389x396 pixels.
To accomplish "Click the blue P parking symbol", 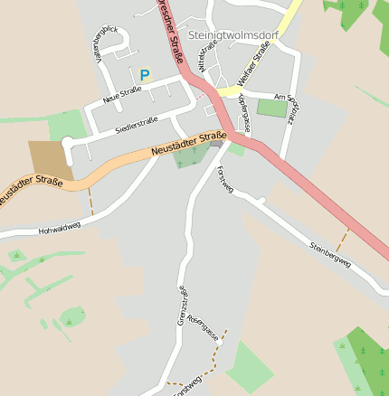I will coord(144,75).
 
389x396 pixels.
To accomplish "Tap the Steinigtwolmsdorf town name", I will coord(234,34).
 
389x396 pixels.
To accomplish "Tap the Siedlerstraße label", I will coord(137,126).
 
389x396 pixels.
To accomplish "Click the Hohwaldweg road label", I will coord(60,229).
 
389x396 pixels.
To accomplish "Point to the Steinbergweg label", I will coord(329,252).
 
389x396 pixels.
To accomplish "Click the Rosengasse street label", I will coord(204,331).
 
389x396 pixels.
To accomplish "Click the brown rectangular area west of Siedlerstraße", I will coord(47,159).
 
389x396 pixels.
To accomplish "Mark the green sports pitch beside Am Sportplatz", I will coord(271,108).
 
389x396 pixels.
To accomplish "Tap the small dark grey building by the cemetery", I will coord(216,144).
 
